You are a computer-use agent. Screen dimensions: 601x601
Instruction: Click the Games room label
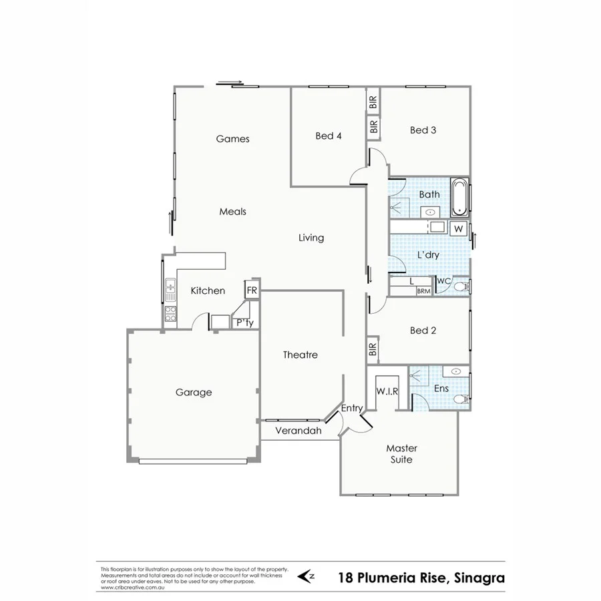pyautogui.click(x=232, y=139)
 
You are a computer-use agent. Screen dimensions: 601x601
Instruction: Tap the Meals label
pyautogui.click(x=232, y=211)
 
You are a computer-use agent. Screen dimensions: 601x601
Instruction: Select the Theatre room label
pyautogui.click(x=300, y=355)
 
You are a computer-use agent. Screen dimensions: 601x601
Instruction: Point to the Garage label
pyautogui.click(x=194, y=392)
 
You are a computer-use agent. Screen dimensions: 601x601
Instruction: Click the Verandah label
pyautogui.click(x=298, y=431)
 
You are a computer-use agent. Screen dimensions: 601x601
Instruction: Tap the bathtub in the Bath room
pyautogui.click(x=460, y=197)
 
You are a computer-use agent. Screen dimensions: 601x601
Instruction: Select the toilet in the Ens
pyautogui.click(x=460, y=399)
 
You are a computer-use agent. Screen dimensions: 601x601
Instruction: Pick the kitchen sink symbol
pyautogui.click(x=170, y=289)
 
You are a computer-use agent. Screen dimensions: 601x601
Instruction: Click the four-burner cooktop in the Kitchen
pyautogui.click(x=170, y=313)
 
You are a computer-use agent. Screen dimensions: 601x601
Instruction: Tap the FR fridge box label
pyautogui.click(x=252, y=290)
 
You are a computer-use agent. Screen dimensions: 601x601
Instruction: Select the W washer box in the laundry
pyautogui.click(x=458, y=228)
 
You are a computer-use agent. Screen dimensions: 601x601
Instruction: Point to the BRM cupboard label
pyautogui.click(x=423, y=291)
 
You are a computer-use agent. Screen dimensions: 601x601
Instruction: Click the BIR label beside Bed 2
pyautogui.click(x=373, y=349)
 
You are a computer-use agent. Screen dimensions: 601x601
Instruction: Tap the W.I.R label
pyautogui.click(x=387, y=391)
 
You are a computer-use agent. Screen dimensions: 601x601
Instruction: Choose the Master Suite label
pyautogui.click(x=401, y=454)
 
